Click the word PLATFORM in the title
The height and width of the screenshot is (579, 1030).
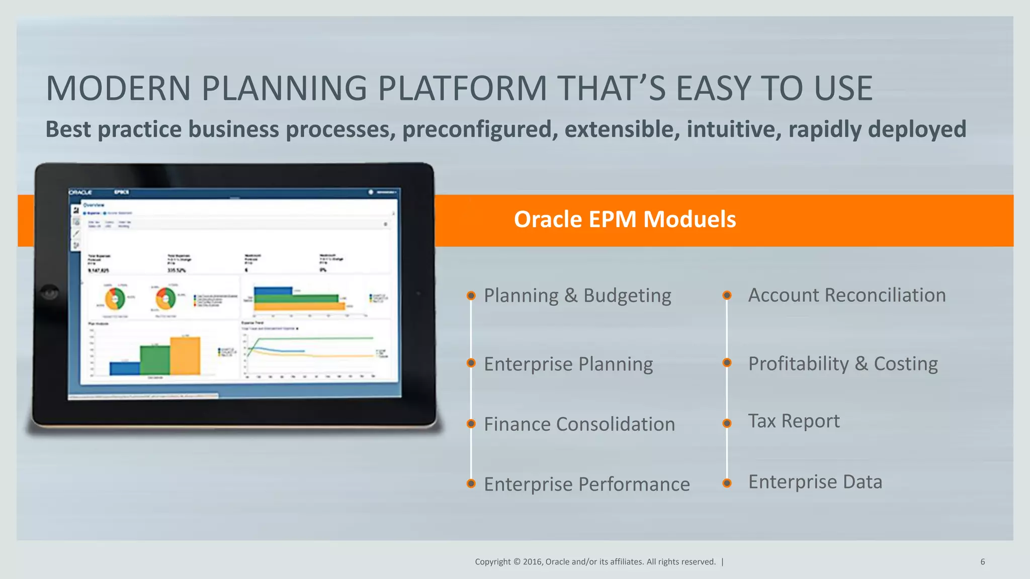(x=462, y=88)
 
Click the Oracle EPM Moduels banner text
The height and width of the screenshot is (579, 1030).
(x=625, y=220)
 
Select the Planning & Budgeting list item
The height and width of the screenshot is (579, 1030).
(x=577, y=296)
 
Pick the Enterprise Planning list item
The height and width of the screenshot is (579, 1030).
(x=568, y=364)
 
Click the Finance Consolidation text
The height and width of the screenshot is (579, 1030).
(x=579, y=424)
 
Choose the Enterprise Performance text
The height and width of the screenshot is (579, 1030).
(x=586, y=485)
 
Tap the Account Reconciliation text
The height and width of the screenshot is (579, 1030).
(x=846, y=295)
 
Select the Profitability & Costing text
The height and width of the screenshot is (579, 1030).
(x=842, y=363)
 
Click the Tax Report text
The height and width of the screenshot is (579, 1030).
(x=793, y=421)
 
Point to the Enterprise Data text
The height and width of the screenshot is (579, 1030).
(x=815, y=482)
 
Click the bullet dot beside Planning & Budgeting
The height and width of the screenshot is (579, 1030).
(x=471, y=296)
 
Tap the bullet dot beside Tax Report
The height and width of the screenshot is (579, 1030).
(x=727, y=423)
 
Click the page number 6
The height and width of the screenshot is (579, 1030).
(x=982, y=562)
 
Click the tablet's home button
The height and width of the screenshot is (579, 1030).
(x=50, y=292)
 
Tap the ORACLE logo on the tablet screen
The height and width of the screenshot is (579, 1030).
(x=80, y=192)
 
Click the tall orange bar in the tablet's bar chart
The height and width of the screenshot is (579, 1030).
(x=185, y=356)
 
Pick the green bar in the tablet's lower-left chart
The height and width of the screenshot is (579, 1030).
(x=155, y=360)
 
